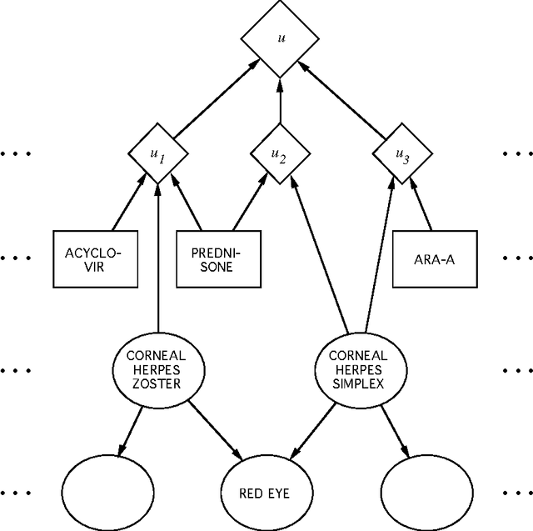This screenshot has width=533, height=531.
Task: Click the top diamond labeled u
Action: pyautogui.click(x=280, y=38)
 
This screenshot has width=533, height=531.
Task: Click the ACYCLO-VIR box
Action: pyautogui.click(x=95, y=258)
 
